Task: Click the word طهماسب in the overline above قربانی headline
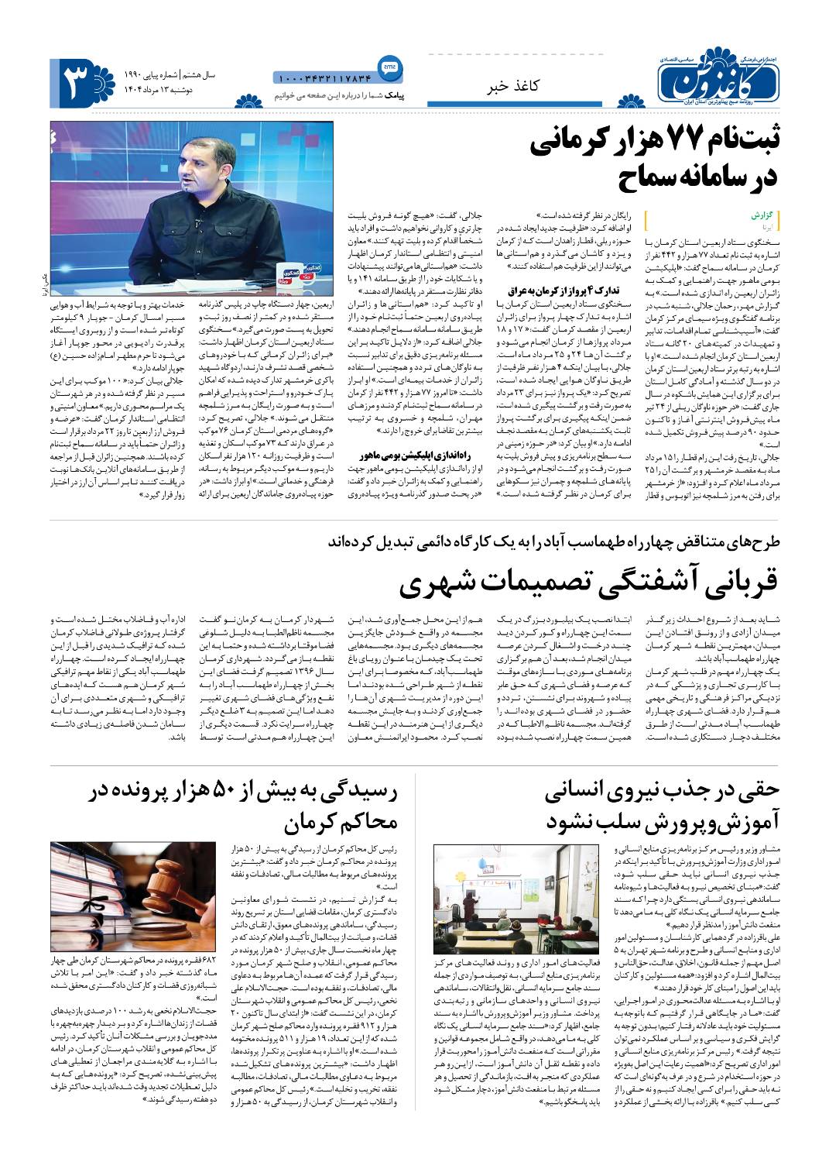click(x=581, y=541)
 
